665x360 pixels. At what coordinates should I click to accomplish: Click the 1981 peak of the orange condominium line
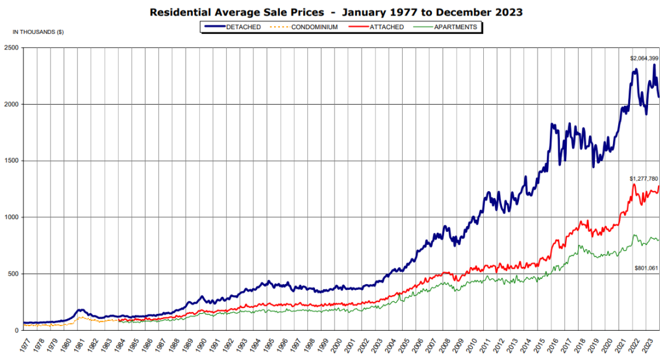[81, 317]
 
